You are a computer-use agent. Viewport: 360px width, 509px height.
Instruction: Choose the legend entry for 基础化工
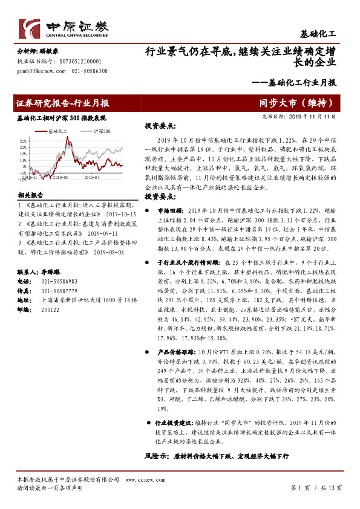click(60, 131)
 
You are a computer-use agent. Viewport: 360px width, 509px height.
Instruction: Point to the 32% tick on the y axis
click(22, 140)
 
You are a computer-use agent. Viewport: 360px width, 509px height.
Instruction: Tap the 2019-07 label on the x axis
click(91, 178)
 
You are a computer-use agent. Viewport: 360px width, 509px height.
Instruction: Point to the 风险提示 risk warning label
click(157, 455)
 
